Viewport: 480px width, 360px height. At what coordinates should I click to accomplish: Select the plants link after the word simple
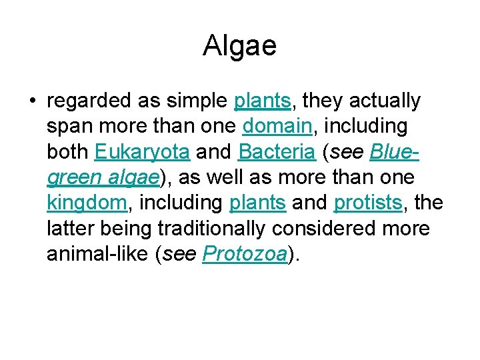coord(263,101)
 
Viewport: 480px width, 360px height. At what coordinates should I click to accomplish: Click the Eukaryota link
coord(142,152)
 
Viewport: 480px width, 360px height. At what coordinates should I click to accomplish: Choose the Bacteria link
coord(276,152)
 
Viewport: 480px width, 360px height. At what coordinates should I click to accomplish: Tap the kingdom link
coord(86,203)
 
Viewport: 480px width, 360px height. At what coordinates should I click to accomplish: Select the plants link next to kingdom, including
coord(257,203)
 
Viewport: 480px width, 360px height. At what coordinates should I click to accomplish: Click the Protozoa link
coord(243,255)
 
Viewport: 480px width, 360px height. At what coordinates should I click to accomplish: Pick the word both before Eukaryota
coord(68,152)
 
